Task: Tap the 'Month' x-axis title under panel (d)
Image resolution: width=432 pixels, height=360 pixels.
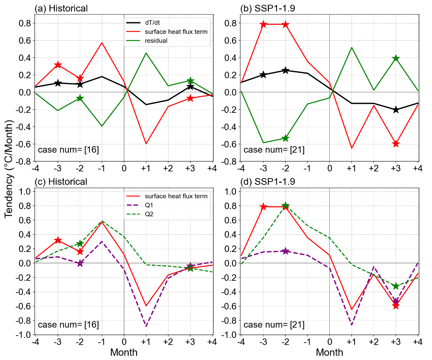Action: (330, 352)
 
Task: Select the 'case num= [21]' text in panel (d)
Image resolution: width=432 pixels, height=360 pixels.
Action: (274, 325)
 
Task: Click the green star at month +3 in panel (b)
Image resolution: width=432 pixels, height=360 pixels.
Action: (396, 58)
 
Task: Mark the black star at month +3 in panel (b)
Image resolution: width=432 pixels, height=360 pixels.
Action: (396, 110)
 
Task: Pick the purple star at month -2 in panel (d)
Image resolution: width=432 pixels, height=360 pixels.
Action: (285, 251)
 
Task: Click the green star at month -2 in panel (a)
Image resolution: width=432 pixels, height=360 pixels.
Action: (80, 98)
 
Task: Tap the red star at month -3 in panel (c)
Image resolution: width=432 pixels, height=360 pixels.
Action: (58, 240)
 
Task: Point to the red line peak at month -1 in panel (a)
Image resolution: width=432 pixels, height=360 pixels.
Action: (102, 43)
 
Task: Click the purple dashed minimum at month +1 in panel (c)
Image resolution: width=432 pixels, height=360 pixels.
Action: (146, 326)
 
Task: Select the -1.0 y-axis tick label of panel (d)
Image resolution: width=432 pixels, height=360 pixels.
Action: (231, 335)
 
